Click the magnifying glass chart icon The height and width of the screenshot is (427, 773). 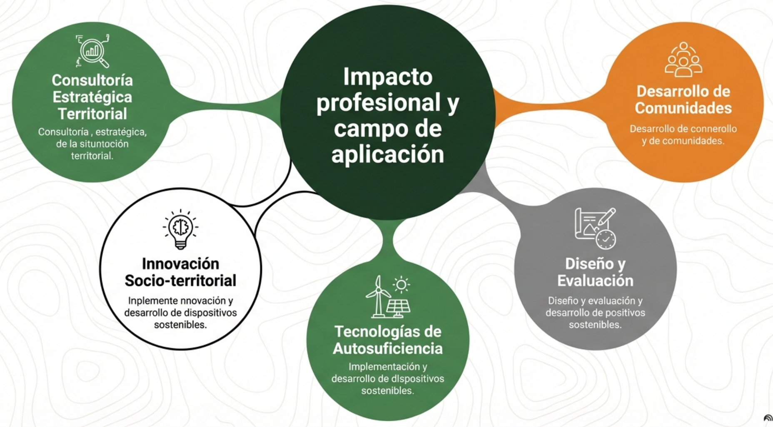click(93, 51)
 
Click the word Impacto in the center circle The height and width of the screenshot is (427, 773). click(388, 77)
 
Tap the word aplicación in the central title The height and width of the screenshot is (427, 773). click(388, 154)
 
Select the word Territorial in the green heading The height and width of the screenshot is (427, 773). click(92, 114)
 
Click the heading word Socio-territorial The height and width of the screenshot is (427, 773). click(180, 281)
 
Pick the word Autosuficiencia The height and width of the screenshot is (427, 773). click(388, 348)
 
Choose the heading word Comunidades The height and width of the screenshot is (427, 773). click(683, 108)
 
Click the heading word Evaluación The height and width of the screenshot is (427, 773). click(595, 281)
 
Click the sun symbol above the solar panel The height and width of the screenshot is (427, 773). click(401, 285)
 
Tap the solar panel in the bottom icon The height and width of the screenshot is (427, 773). click(398, 307)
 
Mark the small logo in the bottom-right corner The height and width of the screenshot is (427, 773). click(768, 418)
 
